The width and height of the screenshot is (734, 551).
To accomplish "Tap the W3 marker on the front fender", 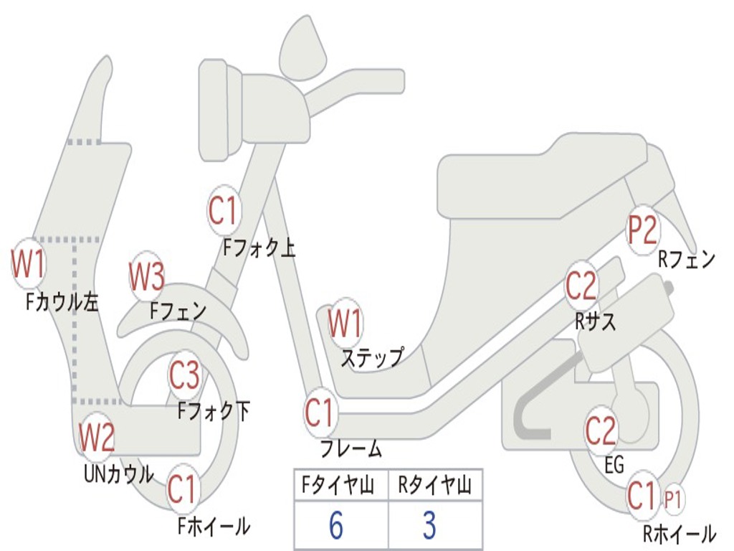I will click(147, 276).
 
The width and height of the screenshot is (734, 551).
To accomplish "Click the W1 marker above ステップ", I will click(345, 324).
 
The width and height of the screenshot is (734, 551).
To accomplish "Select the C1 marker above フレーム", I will click(320, 414).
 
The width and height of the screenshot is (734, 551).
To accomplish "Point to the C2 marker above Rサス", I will click(581, 286).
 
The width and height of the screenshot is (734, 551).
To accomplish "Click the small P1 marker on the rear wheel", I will click(672, 499).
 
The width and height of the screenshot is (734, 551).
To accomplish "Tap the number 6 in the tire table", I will click(336, 526).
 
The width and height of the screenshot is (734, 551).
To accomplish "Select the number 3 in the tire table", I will click(429, 526).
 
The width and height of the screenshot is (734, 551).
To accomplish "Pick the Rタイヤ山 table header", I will click(434, 486).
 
